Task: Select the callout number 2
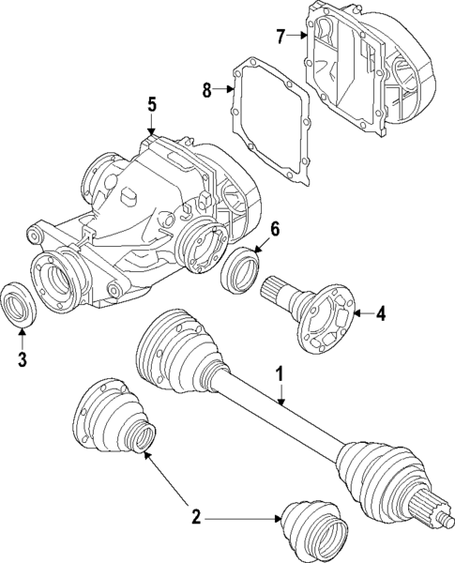(x=195, y=516)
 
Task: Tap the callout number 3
(x=21, y=358)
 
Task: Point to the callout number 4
(x=382, y=312)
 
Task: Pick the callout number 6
(x=276, y=229)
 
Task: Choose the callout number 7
(x=281, y=36)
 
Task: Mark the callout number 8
(x=206, y=90)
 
